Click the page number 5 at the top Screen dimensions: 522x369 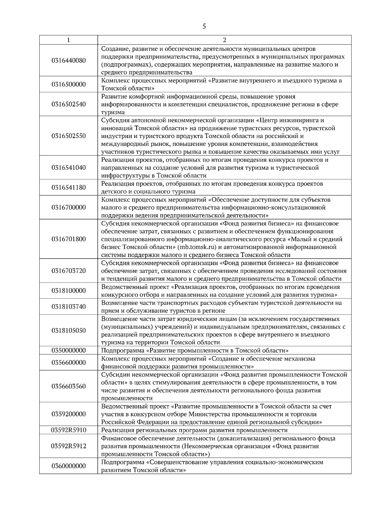pyautogui.click(x=204, y=26)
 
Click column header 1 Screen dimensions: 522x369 pyautogui.click(x=68, y=40)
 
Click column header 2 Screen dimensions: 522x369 pyautogui.click(x=224, y=40)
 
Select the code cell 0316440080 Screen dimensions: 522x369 pyautogui.click(x=69, y=61)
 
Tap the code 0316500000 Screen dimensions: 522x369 pyautogui.click(x=69, y=85)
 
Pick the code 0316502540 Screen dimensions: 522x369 pyautogui.click(x=69, y=104)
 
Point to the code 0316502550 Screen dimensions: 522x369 pyautogui.click(x=69, y=136)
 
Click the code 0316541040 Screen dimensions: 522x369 pyautogui.click(x=69, y=168)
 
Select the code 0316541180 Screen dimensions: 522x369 pyautogui.click(x=69, y=188)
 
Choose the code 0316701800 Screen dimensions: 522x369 pyautogui.click(x=69, y=239)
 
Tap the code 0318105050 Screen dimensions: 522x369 pyautogui.click(x=69, y=331)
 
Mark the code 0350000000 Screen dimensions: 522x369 pyautogui.click(x=69, y=350)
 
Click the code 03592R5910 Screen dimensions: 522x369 pyautogui.click(x=69, y=430)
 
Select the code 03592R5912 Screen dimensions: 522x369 pyautogui.click(x=69, y=446)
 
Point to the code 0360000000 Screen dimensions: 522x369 pyautogui.click(x=69, y=466)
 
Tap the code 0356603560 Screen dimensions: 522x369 pyautogui.click(x=69, y=386)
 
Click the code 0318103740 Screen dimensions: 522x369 pyautogui.click(x=69, y=307)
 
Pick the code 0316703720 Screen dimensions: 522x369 pyautogui.click(x=69, y=271)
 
